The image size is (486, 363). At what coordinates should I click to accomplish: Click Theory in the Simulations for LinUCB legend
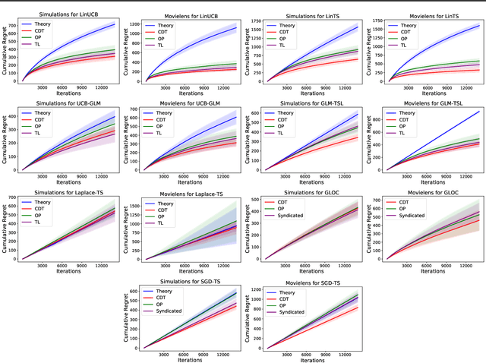(45, 25)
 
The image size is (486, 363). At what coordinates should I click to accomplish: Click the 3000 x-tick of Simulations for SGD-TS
(158, 355)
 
